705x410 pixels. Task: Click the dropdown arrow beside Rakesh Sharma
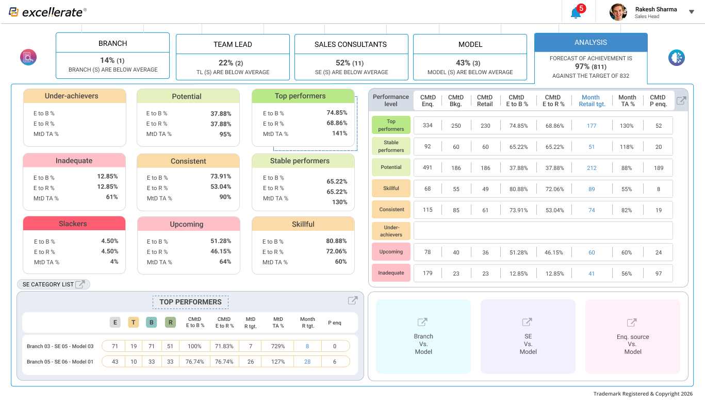click(x=692, y=12)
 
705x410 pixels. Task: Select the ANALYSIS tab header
click(x=591, y=42)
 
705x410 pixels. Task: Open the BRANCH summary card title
click(x=112, y=43)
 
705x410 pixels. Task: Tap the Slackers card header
click(x=74, y=224)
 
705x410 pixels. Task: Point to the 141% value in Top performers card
click(x=339, y=133)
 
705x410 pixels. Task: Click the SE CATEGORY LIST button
click(x=54, y=284)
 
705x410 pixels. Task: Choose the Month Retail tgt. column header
click(x=591, y=100)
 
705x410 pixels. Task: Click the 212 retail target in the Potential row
click(x=592, y=167)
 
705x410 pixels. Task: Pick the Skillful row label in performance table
click(x=391, y=189)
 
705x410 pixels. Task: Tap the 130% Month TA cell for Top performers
click(x=627, y=126)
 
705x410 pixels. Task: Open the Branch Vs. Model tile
click(x=423, y=336)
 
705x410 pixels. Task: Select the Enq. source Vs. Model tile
click(x=633, y=336)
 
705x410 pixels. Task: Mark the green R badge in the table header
click(x=170, y=322)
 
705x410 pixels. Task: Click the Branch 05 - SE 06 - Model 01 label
click(x=60, y=362)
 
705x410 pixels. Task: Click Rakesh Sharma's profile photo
click(x=618, y=12)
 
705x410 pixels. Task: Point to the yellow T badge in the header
click(x=133, y=322)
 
